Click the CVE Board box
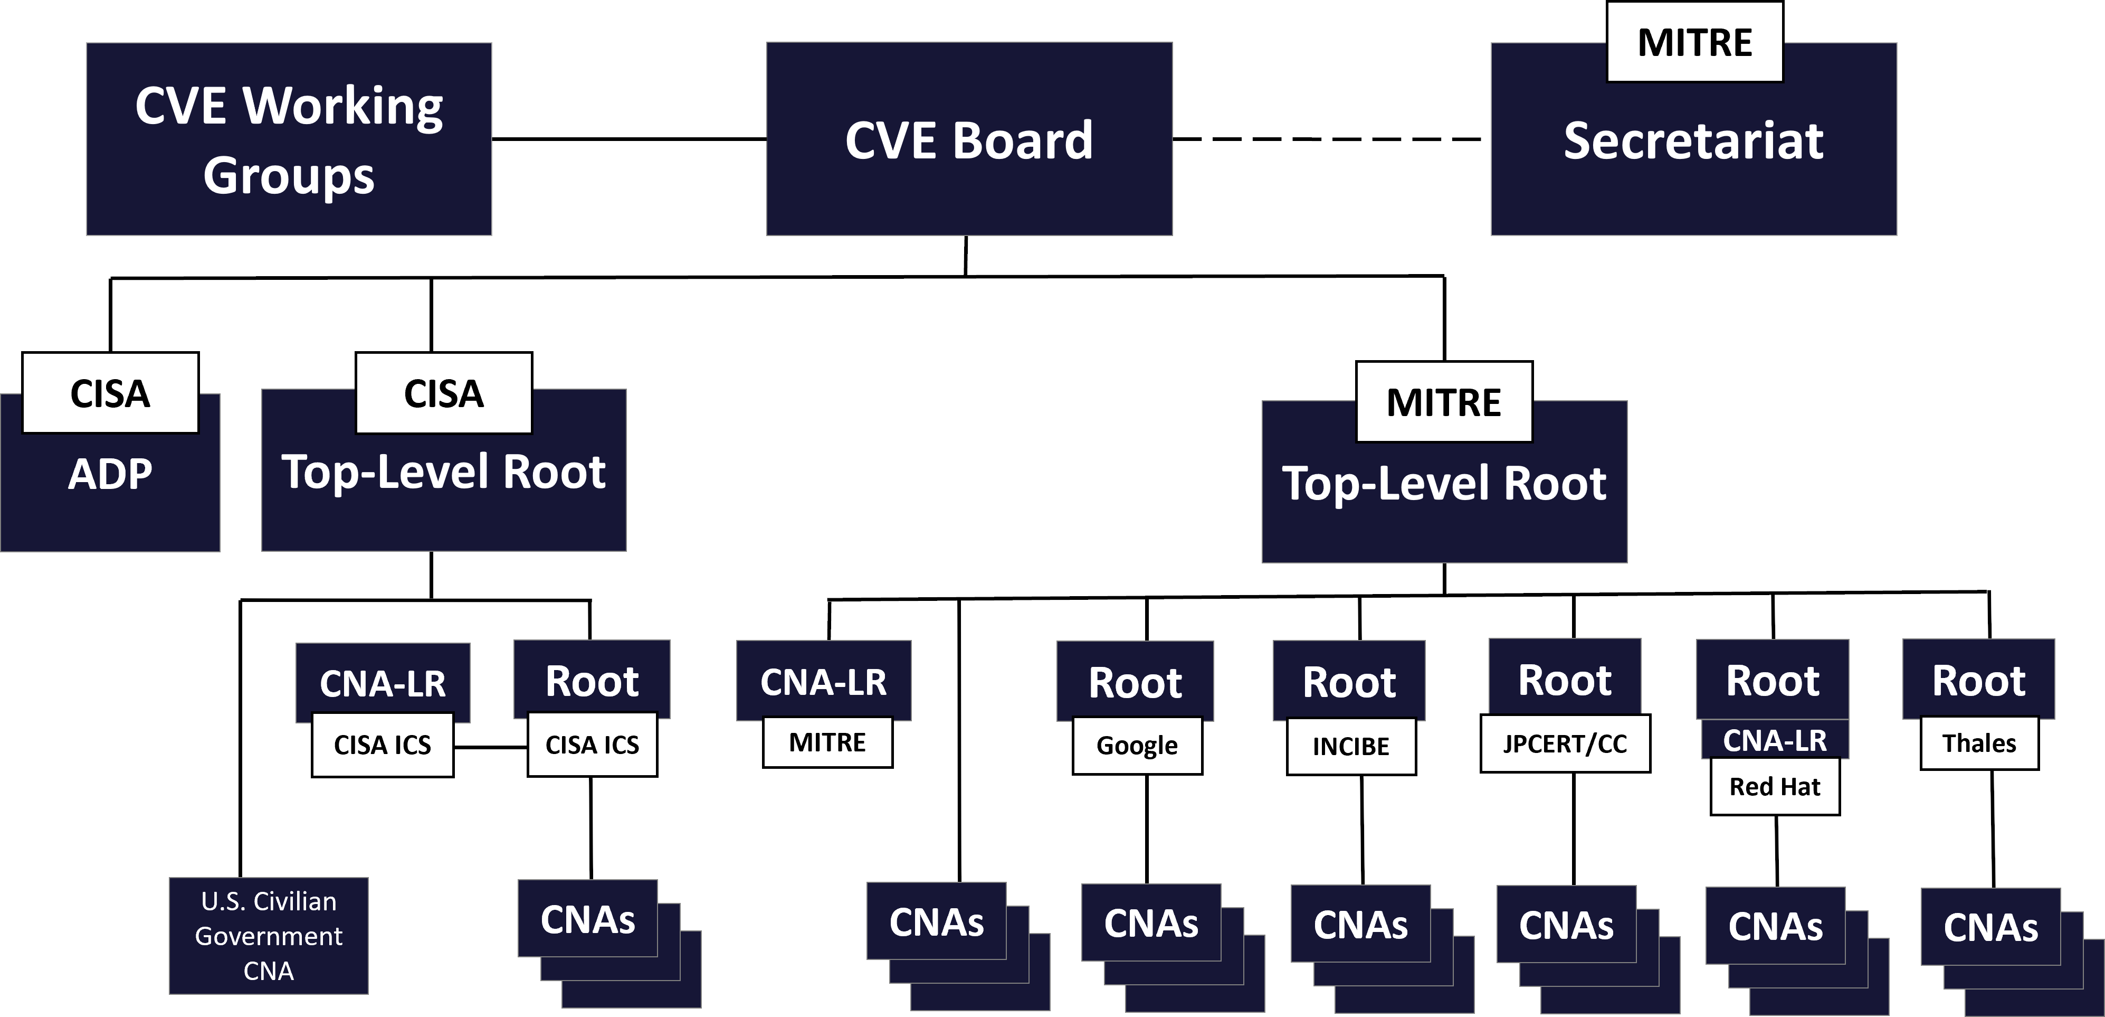pyautogui.click(x=969, y=139)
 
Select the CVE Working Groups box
pyautogui.click(x=289, y=139)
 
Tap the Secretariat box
pyautogui.click(x=1693, y=155)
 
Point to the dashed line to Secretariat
pyautogui.click(x=1328, y=139)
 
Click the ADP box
pyautogui.click(x=110, y=491)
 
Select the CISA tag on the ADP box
pyautogui.click(x=110, y=393)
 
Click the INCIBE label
pyautogui.click(x=1351, y=747)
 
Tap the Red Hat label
pyautogui.click(x=1775, y=786)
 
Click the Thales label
pyautogui.click(x=1979, y=743)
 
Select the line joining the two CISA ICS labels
pyautogui.click(x=490, y=747)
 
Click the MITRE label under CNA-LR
pyautogui.click(x=827, y=742)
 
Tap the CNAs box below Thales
pyautogui.click(x=1990, y=927)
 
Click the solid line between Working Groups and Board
pyautogui.click(x=628, y=139)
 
